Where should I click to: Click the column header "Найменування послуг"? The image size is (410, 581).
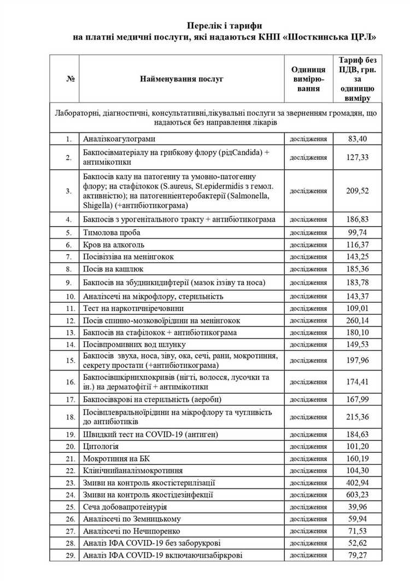click(x=181, y=79)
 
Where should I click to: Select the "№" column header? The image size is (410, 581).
click(x=70, y=79)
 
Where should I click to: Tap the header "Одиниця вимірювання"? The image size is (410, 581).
click(x=308, y=79)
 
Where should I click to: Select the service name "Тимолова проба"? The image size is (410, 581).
click(x=112, y=232)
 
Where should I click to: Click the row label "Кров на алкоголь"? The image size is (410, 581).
click(x=114, y=244)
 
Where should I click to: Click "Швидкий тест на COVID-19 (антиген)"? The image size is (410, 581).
click(x=150, y=434)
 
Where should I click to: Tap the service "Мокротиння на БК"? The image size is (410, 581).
click(x=116, y=458)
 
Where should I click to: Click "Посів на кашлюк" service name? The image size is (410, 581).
click(x=114, y=269)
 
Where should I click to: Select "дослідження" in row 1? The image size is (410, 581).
click(x=308, y=139)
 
